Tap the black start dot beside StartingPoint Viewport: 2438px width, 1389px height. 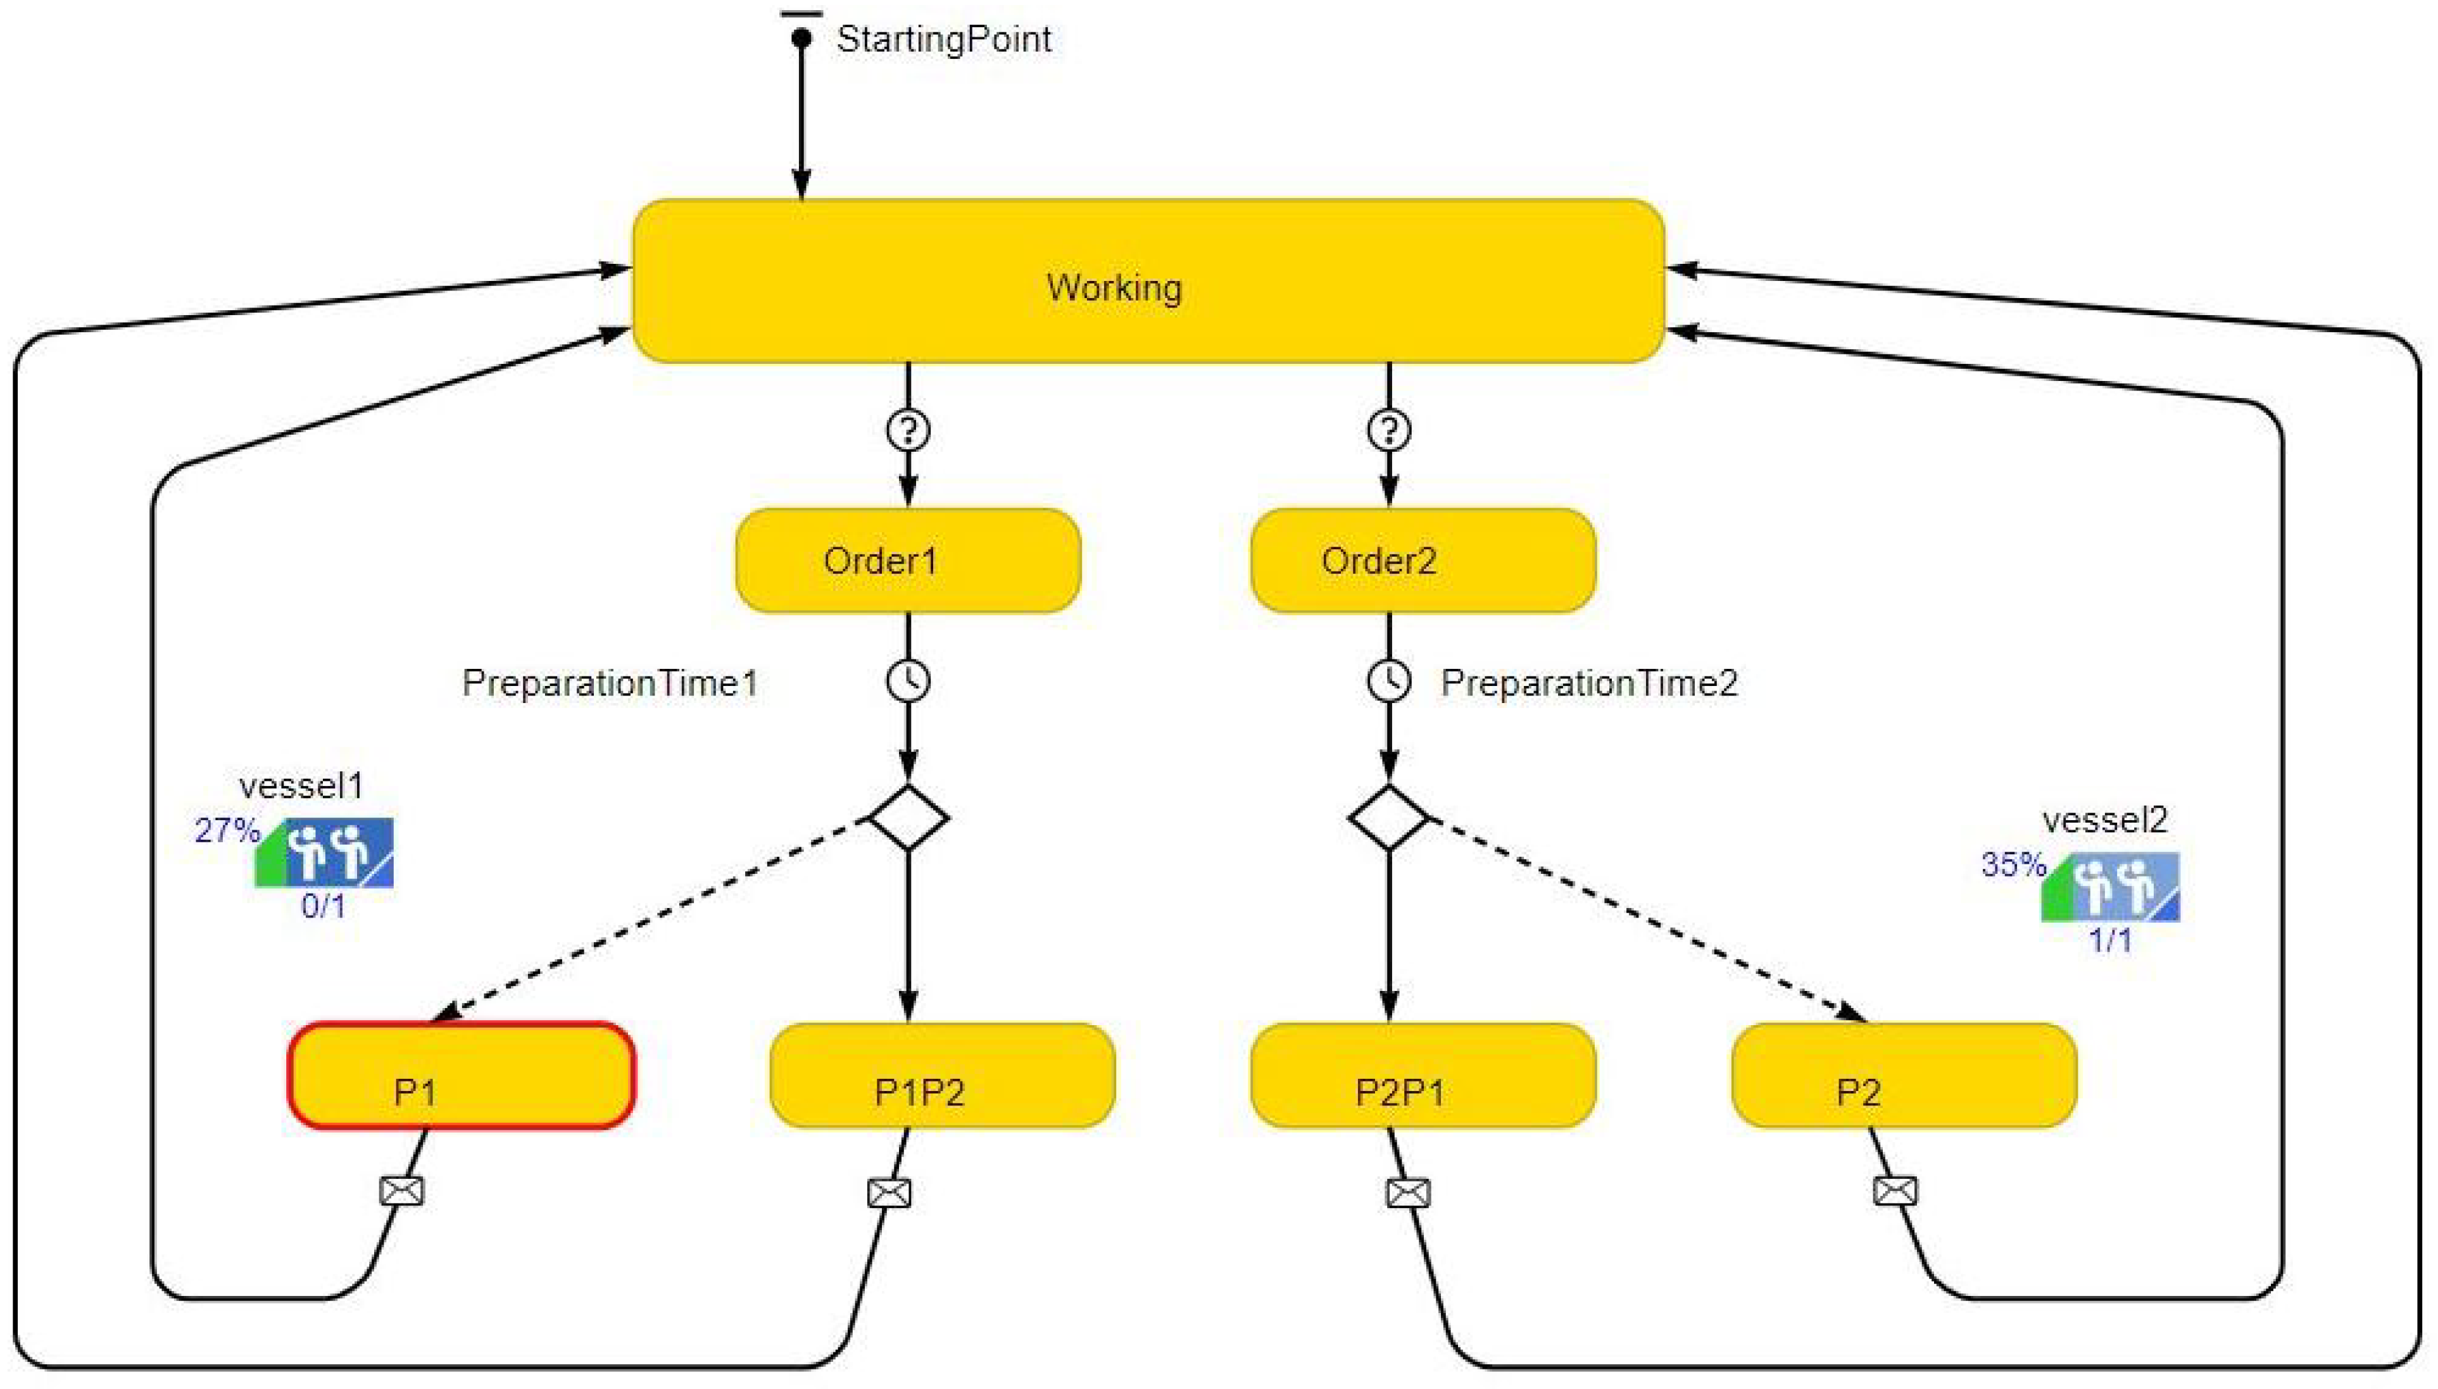[801, 38]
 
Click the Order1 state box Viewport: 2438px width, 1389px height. [907, 561]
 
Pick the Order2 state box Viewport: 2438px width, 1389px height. [1422, 561]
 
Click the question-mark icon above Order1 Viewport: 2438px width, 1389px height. [907, 430]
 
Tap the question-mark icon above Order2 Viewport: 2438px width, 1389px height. [1388, 430]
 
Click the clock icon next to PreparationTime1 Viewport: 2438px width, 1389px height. [907, 681]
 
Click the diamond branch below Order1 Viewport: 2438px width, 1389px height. [907, 818]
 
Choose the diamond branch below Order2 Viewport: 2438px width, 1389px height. [1388, 818]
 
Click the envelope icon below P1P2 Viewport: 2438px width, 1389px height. [888, 1192]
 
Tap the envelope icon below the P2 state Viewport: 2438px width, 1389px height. [1895, 1190]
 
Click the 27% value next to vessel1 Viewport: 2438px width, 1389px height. [226, 830]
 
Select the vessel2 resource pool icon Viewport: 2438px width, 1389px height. [2110, 887]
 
